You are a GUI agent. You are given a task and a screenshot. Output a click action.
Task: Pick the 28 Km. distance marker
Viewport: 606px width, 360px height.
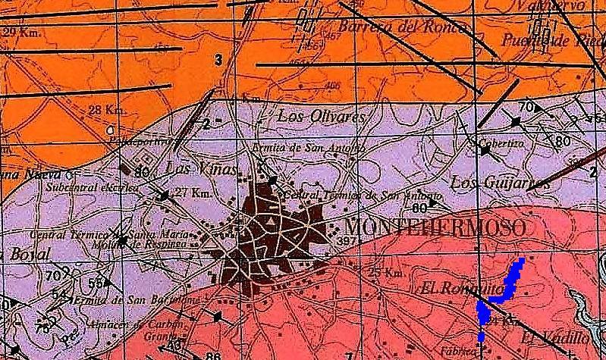107,111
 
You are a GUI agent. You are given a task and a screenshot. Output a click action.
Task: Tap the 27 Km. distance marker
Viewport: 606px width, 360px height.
191,192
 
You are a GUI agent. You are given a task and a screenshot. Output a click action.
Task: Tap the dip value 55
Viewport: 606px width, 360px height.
96,283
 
